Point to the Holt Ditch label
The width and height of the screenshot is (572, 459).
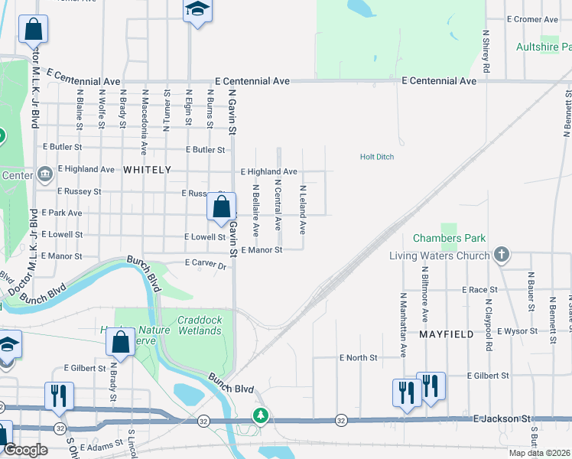(x=377, y=157)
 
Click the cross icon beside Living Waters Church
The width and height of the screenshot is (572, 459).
(x=502, y=255)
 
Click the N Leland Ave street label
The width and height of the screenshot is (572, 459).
(x=303, y=209)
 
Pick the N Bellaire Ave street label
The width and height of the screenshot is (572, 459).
(x=256, y=209)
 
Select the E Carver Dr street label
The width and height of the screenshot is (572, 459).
(x=206, y=264)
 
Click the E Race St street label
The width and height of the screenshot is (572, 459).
(x=479, y=290)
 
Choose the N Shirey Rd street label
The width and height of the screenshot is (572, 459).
(x=486, y=52)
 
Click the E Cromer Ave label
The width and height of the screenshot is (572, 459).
(x=534, y=18)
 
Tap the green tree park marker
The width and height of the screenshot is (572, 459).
(x=261, y=415)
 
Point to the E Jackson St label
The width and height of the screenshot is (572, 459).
(x=502, y=418)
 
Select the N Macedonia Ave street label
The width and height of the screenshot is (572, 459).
(x=144, y=122)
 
